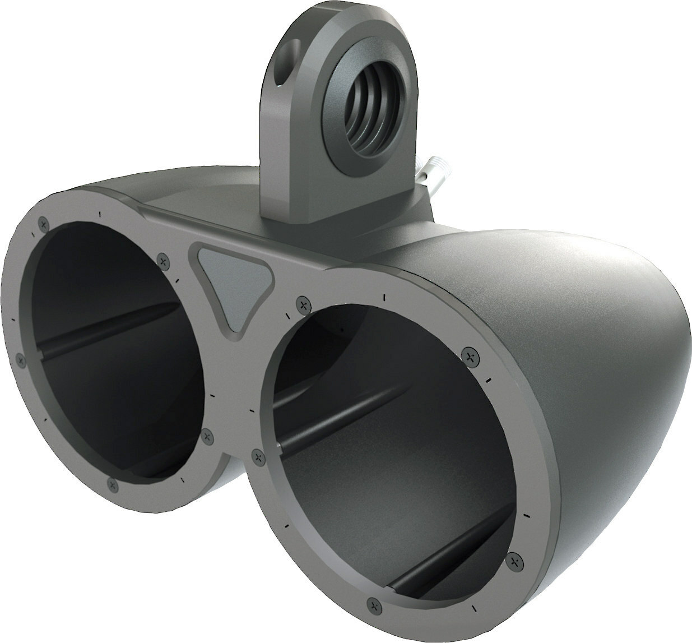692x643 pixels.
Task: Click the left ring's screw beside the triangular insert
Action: pos(163,259)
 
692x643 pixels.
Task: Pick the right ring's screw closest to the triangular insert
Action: pos(303,304)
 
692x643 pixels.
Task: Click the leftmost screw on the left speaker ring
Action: pos(21,361)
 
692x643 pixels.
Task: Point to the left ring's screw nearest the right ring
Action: pos(207,433)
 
